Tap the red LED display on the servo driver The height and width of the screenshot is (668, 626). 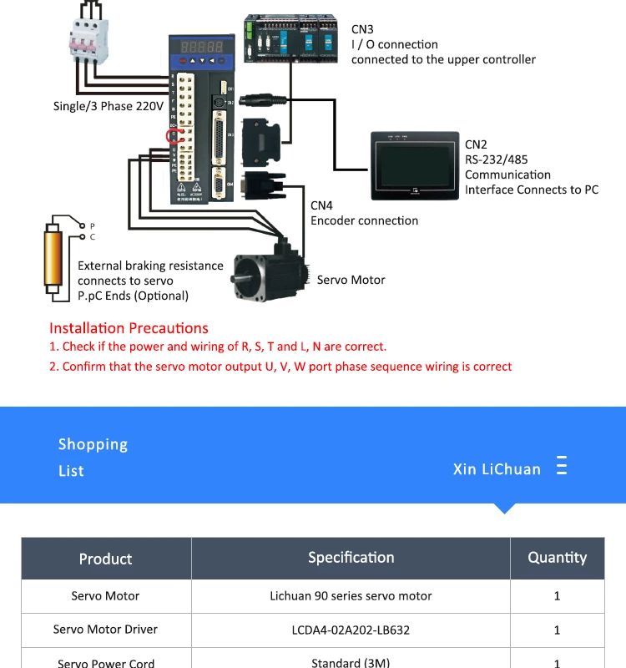[197, 46]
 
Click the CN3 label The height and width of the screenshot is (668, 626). [362, 29]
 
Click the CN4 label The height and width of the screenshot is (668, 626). [321, 205]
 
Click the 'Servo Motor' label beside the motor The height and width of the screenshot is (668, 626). [351, 280]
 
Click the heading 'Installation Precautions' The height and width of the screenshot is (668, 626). [129, 328]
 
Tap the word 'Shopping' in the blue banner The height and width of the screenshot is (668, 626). [93, 444]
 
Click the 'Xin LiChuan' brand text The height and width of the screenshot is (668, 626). [497, 469]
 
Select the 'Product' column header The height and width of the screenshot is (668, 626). [105, 559]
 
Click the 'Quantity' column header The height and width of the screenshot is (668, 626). [557, 558]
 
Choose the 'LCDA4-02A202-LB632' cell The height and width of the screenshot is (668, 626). [351, 630]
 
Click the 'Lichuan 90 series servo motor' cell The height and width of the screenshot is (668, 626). [351, 596]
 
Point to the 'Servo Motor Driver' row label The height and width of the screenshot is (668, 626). [105, 630]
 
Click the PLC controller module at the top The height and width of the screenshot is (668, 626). [291, 39]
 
